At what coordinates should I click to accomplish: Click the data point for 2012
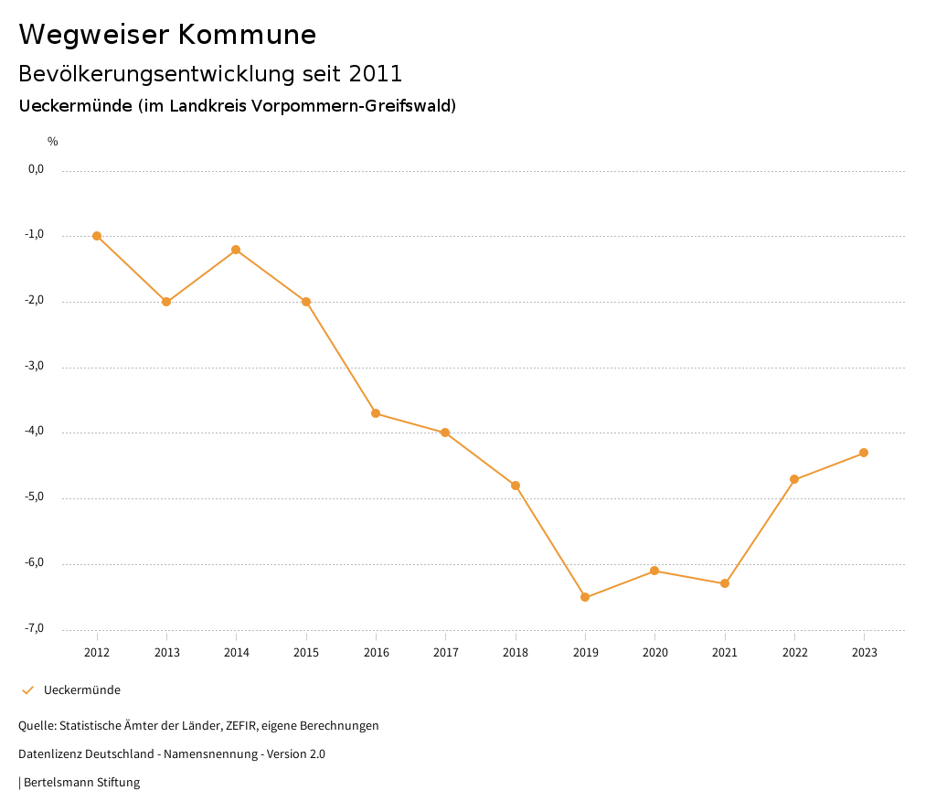pos(97,236)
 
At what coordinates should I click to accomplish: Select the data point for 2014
pos(236,250)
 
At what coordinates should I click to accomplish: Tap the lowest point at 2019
pos(585,598)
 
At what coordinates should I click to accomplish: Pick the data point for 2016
pos(376,413)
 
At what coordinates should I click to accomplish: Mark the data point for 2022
pos(794,479)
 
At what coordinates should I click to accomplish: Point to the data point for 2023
pos(864,453)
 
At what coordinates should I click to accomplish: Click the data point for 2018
pos(516,486)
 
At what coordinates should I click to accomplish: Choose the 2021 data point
pos(725,583)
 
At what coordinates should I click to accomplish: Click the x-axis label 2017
pos(445,653)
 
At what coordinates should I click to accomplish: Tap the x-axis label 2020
pos(654,653)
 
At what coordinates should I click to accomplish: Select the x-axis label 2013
pos(166,653)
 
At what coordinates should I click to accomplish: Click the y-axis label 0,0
pos(36,169)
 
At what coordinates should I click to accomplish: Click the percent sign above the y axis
pos(53,142)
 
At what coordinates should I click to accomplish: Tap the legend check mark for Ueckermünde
pos(27,690)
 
